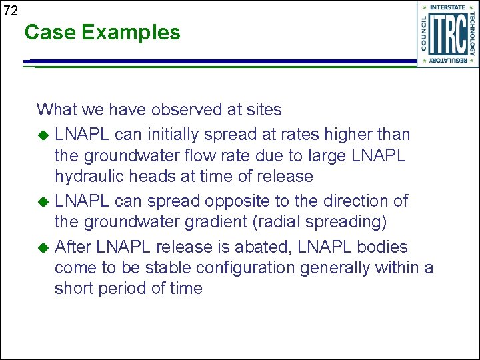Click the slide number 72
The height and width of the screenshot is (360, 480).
pyautogui.click(x=11, y=11)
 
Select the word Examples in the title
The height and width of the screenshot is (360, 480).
pyautogui.click(x=131, y=33)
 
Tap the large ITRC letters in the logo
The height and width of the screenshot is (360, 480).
pyautogui.click(x=448, y=34)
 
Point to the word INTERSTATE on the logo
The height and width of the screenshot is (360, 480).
pyautogui.click(x=448, y=7)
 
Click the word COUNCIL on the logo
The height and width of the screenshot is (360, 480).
pyautogui.click(x=425, y=34)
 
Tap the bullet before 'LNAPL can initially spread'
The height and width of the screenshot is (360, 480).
pyautogui.click(x=43, y=135)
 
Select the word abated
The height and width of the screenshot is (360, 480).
pyautogui.click(x=270, y=247)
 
